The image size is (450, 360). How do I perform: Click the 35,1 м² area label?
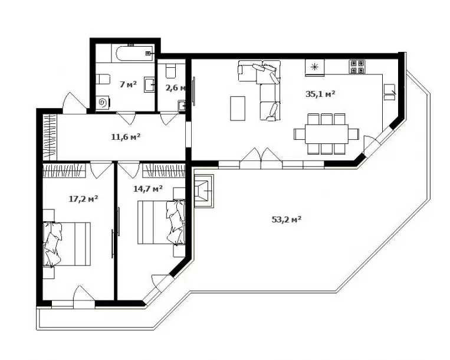[320, 94]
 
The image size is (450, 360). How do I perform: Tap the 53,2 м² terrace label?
[286, 220]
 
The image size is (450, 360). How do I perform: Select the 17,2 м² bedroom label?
[84, 199]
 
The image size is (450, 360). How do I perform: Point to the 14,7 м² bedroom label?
[148, 189]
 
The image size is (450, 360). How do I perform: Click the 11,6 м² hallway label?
[126, 137]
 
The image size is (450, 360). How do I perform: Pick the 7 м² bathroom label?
[128, 84]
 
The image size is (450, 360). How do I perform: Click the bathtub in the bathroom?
[133, 53]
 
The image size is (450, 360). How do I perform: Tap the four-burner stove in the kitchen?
[357, 67]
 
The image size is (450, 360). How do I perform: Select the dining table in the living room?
[327, 134]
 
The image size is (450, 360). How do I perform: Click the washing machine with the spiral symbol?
[103, 103]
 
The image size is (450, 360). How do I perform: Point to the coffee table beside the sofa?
[238, 108]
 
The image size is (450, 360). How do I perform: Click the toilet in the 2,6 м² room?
[171, 71]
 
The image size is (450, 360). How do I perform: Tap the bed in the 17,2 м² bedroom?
[67, 244]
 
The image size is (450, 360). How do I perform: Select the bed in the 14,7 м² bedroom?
[161, 222]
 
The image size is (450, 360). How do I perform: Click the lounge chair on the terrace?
[203, 191]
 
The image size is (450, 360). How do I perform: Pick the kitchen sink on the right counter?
[389, 92]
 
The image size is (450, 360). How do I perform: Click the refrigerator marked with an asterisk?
[314, 67]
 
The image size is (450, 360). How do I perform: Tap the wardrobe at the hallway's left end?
[50, 138]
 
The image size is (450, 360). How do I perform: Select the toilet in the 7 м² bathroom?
[103, 79]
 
